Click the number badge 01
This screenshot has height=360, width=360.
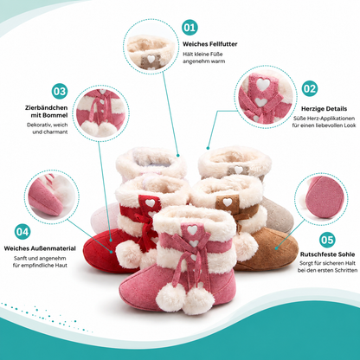(x=190, y=28)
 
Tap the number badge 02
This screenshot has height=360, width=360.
(x=310, y=88)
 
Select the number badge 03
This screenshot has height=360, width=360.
(x=60, y=91)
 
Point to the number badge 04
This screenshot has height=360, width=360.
(x=22, y=232)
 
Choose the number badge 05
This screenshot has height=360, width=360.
(x=327, y=240)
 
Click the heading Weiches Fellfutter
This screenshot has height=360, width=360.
(x=210, y=44)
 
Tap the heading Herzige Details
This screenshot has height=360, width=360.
(x=324, y=109)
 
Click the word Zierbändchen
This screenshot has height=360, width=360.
(x=46, y=108)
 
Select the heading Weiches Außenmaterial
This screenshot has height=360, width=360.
(x=40, y=248)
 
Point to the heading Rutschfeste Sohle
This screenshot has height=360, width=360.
(x=327, y=254)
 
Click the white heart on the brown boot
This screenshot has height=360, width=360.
(x=228, y=202)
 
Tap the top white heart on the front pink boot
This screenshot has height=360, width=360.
(x=192, y=229)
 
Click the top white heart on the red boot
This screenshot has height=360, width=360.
(x=150, y=202)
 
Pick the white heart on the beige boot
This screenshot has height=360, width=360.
(x=239, y=170)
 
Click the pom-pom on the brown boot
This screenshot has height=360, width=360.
(x=246, y=246)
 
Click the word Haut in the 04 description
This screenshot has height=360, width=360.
(x=61, y=266)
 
